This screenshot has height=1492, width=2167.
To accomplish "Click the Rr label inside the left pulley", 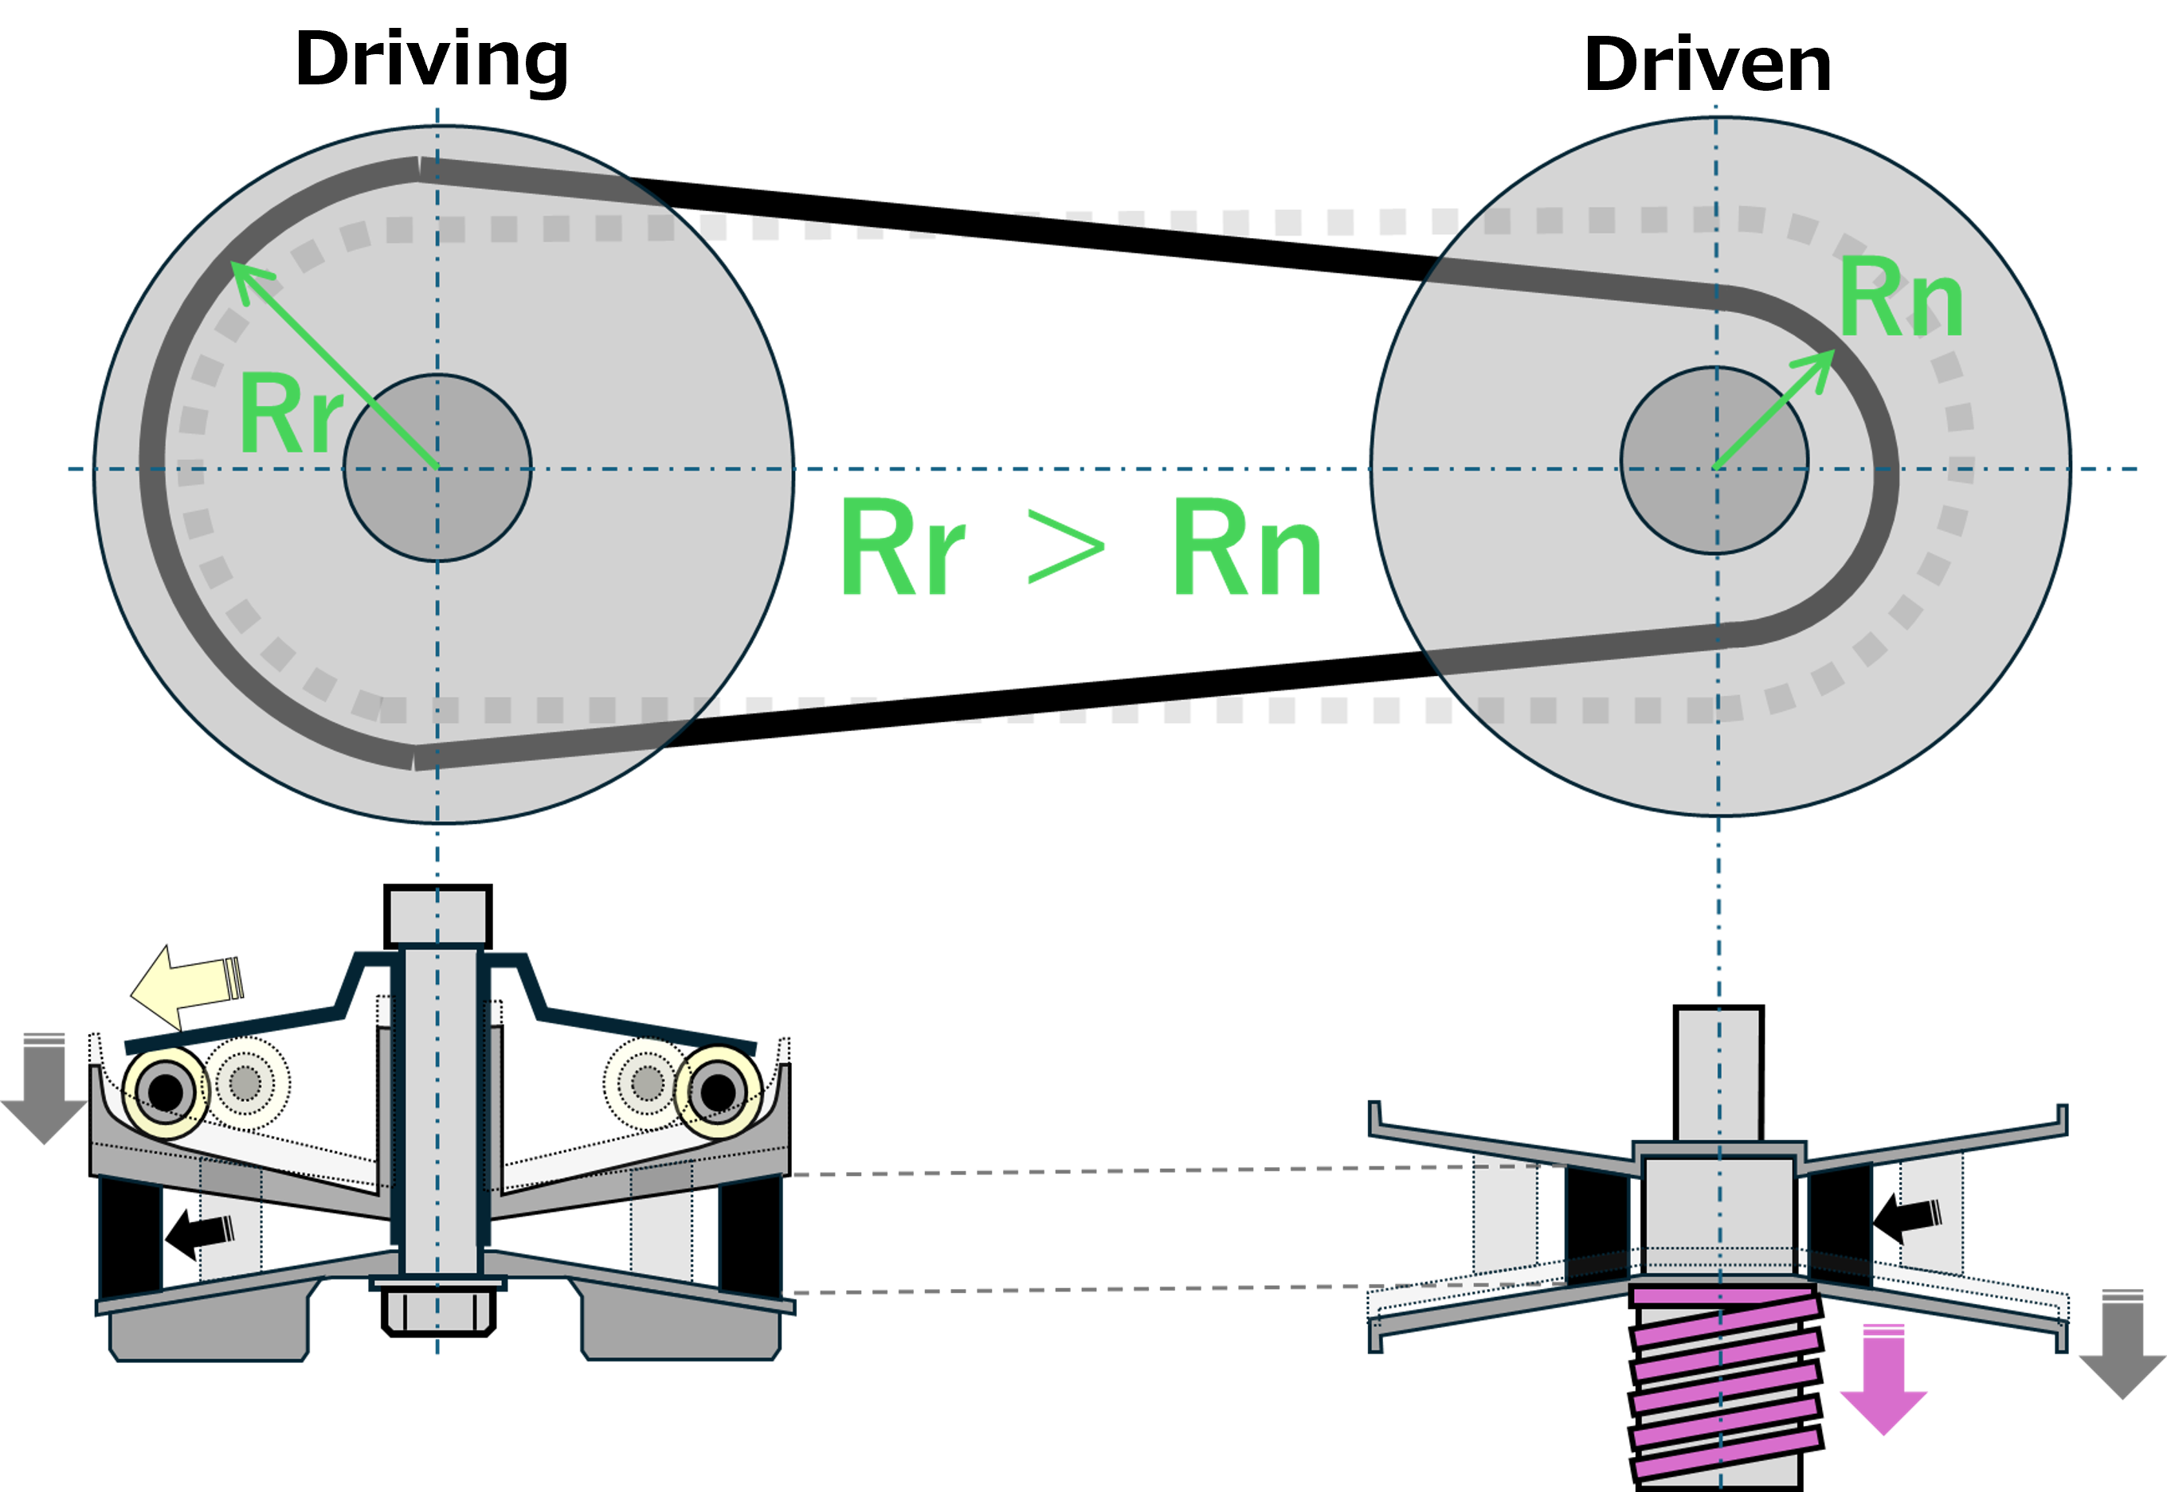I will [x=290, y=413].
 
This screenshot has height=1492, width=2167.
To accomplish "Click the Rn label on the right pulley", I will [x=1899, y=297].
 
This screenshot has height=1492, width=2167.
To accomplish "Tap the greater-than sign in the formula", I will [x=1065, y=548].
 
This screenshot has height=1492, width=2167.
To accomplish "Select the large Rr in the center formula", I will [x=902, y=548].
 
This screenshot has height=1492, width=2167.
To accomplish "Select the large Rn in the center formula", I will [x=1247, y=548].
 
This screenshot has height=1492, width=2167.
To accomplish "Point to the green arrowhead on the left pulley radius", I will [x=247, y=278].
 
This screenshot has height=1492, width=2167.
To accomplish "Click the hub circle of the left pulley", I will [x=437, y=467].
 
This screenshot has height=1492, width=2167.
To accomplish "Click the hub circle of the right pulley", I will [x=1714, y=460].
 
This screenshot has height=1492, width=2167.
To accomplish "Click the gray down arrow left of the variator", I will [x=44, y=1090].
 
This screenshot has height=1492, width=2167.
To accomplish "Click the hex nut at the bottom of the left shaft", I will [x=437, y=1310].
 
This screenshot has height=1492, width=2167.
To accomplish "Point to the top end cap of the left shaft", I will [x=437, y=916].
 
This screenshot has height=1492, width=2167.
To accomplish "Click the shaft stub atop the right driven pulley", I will [x=1718, y=1075].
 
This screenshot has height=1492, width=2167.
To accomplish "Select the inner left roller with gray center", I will [x=246, y=1084].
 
